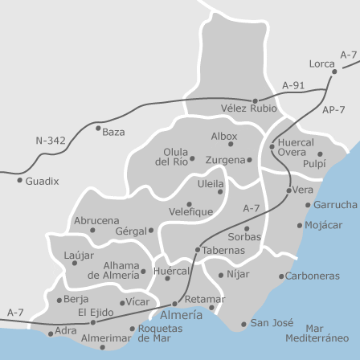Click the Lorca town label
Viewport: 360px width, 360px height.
(321, 63)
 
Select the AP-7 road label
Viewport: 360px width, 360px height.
(333, 109)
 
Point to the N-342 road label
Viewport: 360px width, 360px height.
(50, 140)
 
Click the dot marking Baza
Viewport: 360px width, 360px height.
(98, 127)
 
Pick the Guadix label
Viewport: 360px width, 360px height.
(42, 182)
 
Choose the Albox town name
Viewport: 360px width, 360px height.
(224, 137)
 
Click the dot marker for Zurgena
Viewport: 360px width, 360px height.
(249, 160)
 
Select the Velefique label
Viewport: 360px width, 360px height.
(190, 212)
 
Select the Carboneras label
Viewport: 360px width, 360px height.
(312, 276)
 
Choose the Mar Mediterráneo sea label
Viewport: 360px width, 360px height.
(325, 333)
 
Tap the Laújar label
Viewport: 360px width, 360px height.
(79, 255)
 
